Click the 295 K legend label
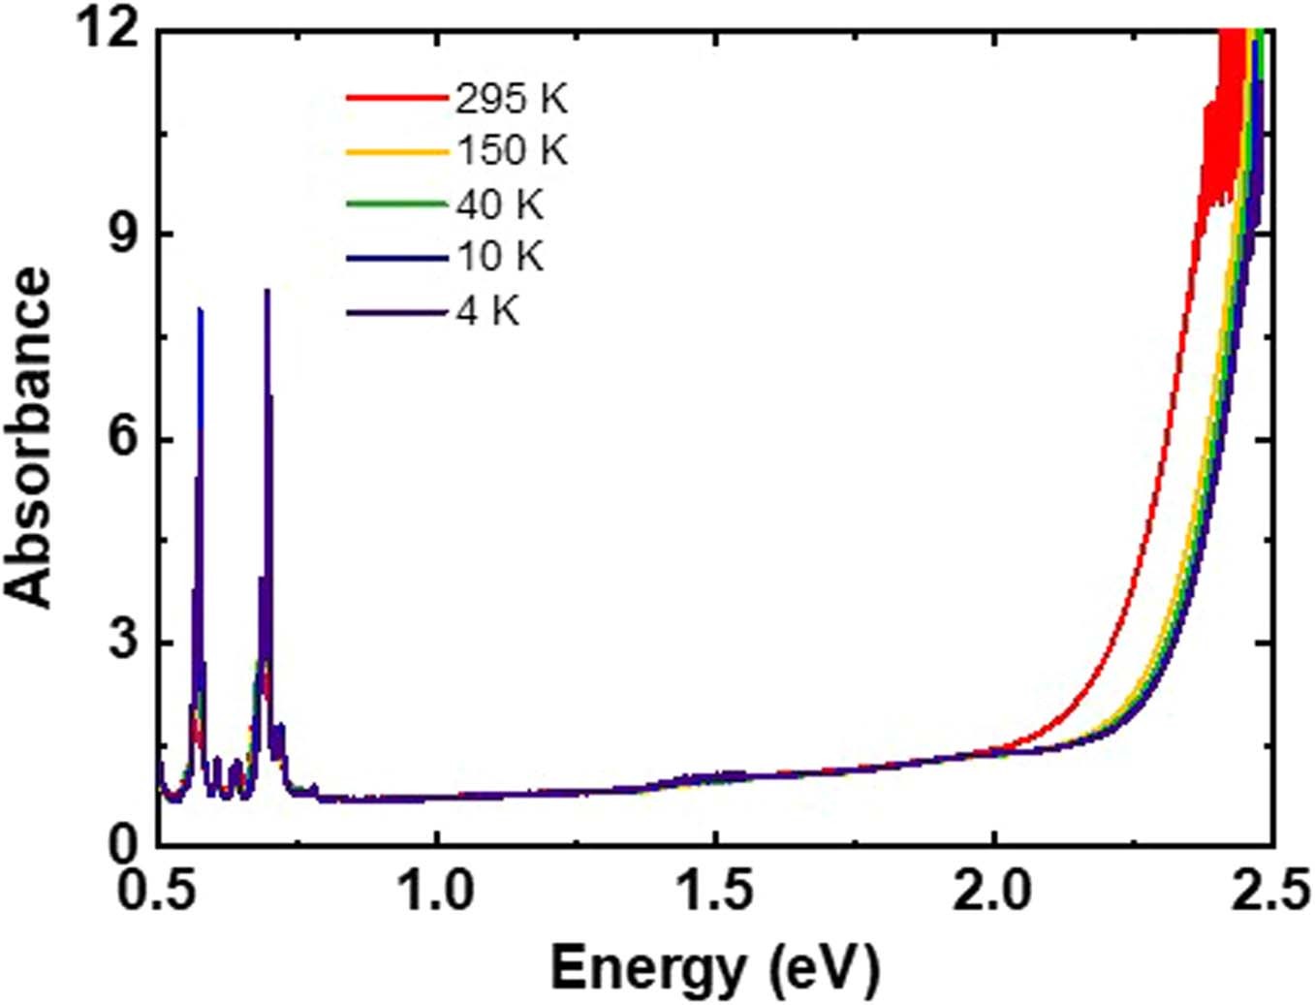point(511,98)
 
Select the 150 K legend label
point(512,150)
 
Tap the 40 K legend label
point(499,204)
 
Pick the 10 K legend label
point(499,256)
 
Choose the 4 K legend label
point(487,311)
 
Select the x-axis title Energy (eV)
point(715,968)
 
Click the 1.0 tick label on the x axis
point(438,891)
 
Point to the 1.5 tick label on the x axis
point(716,891)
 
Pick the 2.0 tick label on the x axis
point(994,891)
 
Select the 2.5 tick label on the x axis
point(1271,891)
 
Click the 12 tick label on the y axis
point(109,31)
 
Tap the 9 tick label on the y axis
point(122,235)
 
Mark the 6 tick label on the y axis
point(122,439)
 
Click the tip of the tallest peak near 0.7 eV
point(267,290)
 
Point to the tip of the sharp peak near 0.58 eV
point(201,309)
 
